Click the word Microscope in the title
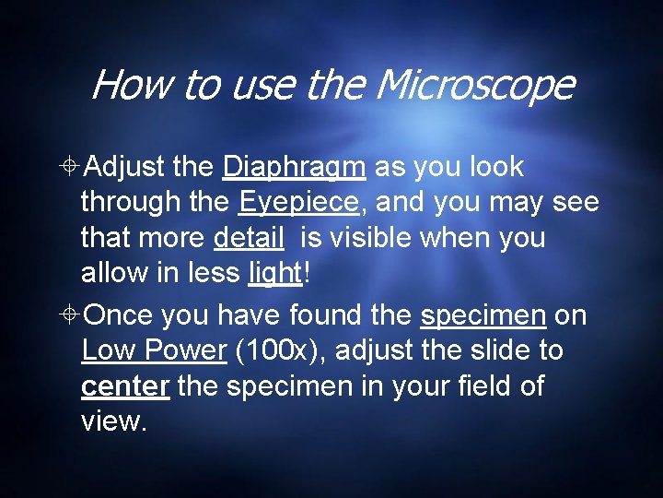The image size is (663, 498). [474, 87]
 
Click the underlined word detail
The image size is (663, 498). [249, 238]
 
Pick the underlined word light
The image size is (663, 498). [275, 273]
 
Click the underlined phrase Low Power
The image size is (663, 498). [153, 351]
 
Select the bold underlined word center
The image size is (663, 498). [124, 386]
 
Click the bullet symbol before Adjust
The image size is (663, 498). [70, 168]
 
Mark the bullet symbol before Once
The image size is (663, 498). [70, 316]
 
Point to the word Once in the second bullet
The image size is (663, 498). [120, 316]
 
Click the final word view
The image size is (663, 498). [114, 421]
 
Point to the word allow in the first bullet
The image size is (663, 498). [112, 273]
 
